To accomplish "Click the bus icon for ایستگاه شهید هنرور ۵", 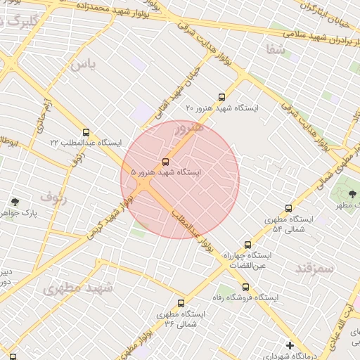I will coord(166,161).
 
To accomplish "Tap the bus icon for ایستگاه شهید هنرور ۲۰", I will coord(222,97).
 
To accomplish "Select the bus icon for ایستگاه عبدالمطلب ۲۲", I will coord(86,132).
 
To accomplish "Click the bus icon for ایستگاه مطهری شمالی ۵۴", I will coord(288,208).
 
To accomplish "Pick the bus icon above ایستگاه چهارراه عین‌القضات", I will coord(247,245).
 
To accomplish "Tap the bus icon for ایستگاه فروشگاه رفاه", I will coord(245,287).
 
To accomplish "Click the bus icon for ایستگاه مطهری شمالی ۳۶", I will coord(181,303).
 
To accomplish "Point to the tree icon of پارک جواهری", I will coord(15,202).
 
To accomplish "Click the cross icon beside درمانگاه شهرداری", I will coord(290,345).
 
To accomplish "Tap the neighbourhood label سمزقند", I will coord(314,268).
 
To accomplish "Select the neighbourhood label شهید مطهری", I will coord(77,288).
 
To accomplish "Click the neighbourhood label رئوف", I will coord(53,198).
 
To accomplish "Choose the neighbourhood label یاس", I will coord(82,65).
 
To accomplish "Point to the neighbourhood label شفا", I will coord(276,49).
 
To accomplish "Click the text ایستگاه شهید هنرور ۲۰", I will coord(222,108).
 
